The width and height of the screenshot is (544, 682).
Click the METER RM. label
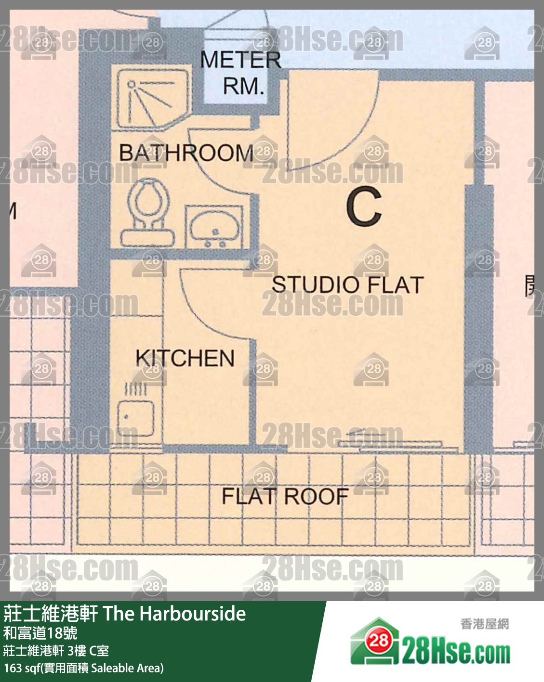(x=240, y=73)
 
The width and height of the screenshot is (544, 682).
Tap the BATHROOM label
(x=186, y=153)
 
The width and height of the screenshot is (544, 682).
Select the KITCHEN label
(x=185, y=359)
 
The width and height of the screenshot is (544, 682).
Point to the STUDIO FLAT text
(x=347, y=284)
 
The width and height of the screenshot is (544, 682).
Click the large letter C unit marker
(x=364, y=206)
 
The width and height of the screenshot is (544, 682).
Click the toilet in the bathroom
(x=147, y=213)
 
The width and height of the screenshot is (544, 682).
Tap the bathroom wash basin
(x=214, y=227)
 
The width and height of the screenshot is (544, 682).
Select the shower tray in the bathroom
(x=153, y=99)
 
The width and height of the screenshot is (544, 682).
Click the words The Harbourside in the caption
(x=174, y=614)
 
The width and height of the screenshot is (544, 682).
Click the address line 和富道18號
(x=40, y=633)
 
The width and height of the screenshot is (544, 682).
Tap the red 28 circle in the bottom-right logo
(x=379, y=641)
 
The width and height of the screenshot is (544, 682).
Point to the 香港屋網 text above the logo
(x=484, y=624)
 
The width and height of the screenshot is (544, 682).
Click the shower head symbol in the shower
(x=131, y=84)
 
